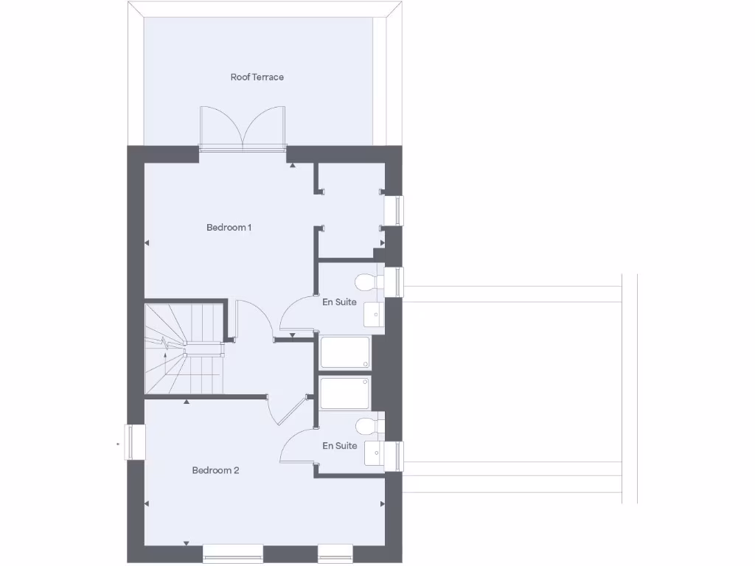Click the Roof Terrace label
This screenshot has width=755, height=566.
click(x=257, y=77)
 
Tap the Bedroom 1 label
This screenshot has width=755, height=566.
click(x=229, y=227)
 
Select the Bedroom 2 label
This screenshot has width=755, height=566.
click(x=215, y=470)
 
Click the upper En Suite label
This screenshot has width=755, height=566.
click(x=339, y=301)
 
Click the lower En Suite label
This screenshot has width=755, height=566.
click(x=339, y=445)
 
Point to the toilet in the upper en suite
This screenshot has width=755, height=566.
click(x=367, y=282)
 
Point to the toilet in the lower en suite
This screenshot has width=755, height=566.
click(x=367, y=426)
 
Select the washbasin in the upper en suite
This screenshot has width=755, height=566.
click(x=375, y=315)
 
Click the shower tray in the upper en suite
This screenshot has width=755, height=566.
click(x=345, y=353)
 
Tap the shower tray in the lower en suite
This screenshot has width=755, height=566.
click(x=345, y=393)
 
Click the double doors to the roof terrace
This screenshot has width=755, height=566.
click(x=243, y=130)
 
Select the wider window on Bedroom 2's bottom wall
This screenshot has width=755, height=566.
click(x=232, y=553)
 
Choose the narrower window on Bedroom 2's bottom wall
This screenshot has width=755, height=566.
click(x=335, y=553)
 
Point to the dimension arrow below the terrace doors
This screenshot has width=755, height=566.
click(x=293, y=166)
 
